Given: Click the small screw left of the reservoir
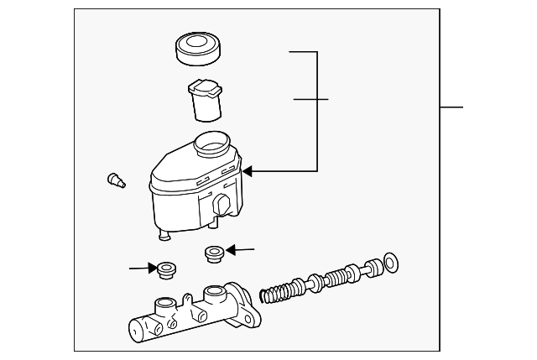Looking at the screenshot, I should [116, 180].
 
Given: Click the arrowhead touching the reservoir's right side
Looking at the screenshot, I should [248, 171].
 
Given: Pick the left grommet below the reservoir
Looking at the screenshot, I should [165, 270].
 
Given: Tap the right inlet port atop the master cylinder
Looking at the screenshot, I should [213, 295].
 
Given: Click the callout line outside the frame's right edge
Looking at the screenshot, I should [451, 107].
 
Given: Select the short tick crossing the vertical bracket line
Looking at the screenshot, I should [310, 99].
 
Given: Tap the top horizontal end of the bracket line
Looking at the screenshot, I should [302, 52].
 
